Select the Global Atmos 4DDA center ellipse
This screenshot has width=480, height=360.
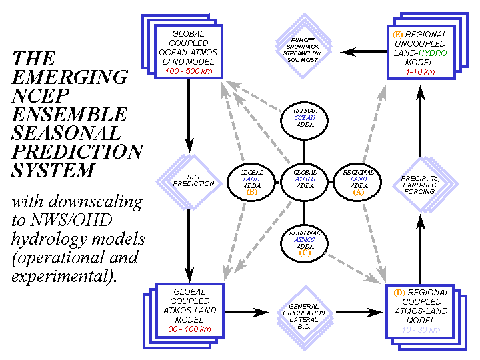pos(304,179)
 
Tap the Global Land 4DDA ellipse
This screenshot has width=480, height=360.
pos(252,181)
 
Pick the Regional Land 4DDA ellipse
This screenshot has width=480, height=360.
pos(356,180)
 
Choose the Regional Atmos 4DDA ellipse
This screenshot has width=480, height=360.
pos(304,241)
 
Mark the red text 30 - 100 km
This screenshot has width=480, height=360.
pos(189,329)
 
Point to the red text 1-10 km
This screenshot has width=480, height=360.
pos(420,71)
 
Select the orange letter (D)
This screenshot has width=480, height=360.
pos(399,293)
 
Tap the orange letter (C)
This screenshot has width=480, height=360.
pos(304,253)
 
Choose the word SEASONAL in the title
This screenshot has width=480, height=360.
pos(67,132)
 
